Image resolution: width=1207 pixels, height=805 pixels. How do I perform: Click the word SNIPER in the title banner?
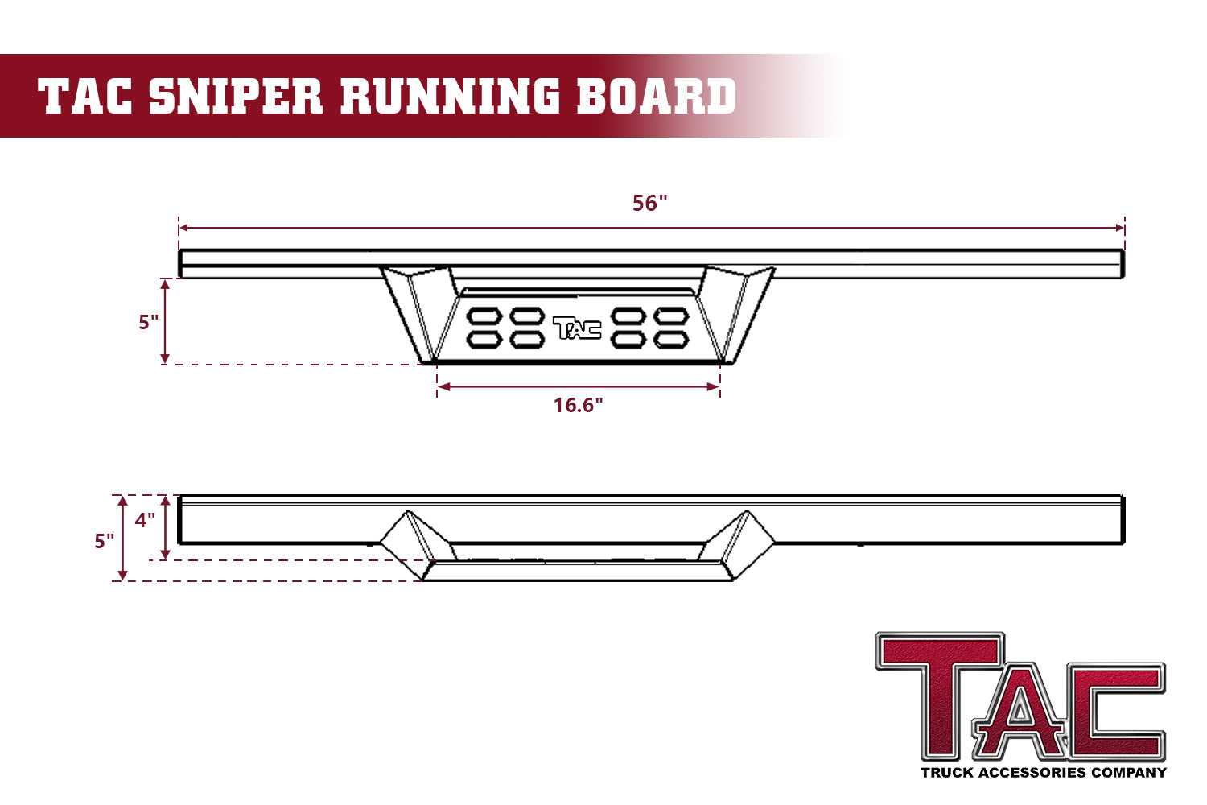pos(236,96)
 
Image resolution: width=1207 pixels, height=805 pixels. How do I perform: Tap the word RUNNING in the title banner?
pos(450,96)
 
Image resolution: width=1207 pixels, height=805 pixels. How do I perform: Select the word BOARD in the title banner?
pos(657,96)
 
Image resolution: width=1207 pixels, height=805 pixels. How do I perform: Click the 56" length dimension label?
pos(649,203)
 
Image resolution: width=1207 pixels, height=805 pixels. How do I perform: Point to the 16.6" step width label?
pos(578,405)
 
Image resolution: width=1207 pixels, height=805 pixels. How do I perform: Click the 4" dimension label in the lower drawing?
pos(145,520)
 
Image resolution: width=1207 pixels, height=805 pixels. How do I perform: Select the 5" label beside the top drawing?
pos(148,322)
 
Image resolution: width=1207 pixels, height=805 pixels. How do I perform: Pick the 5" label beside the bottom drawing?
pos(104,541)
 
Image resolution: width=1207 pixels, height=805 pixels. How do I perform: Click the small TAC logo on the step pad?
pos(577,328)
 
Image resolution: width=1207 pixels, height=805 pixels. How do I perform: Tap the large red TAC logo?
pos(1020,697)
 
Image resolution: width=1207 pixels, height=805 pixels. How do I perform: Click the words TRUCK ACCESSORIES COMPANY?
pos(1043,773)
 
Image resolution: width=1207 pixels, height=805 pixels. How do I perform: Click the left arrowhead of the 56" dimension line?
pos(183,228)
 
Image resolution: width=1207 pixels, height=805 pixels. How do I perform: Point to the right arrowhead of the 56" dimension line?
pos(1119,228)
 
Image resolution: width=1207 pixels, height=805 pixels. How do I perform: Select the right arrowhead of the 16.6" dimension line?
pos(715,387)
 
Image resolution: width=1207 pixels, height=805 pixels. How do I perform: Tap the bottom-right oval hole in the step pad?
pos(671,340)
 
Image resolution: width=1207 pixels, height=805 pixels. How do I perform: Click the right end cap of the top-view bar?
pos(1121,264)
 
